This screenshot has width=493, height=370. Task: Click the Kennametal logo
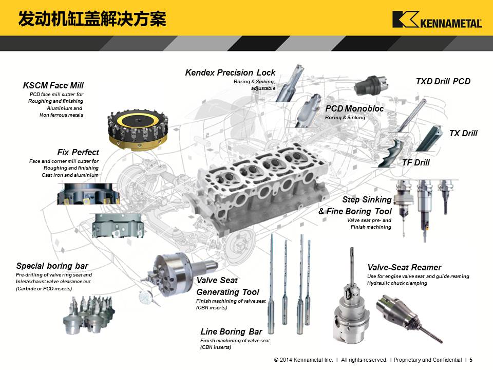(437, 20)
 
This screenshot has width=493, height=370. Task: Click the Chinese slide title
(92, 19)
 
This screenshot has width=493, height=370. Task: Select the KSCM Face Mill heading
(53, 86)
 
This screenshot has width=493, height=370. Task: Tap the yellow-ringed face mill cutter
(138, 129)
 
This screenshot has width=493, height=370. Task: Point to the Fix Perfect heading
(78, 152)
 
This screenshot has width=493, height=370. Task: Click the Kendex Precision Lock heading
(230, 72)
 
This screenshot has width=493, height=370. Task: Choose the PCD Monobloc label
(354, 108)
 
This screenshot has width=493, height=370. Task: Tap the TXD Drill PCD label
(443, 82)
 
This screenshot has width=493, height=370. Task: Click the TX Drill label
(463, 134)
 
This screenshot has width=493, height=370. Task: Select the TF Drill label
(415, 163)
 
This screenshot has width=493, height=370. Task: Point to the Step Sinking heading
(367, 200)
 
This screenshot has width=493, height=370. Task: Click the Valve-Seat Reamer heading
(404, 267)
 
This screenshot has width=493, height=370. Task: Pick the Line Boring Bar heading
(231, 331)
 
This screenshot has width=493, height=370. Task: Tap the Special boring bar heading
(52, 266)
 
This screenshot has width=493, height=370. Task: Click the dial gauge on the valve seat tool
(145, 297)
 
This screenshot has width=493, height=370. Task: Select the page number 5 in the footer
(471, 360)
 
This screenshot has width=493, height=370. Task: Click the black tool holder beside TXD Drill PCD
(371, 85)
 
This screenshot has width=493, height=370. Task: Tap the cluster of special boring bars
(88, 314)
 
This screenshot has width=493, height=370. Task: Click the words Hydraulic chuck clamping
(397, 283)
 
